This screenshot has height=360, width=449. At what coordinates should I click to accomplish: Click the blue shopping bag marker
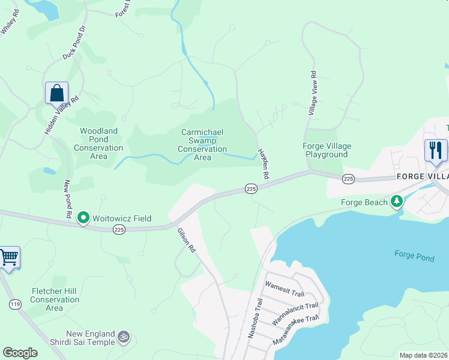pyautogui.click(x=56, y=94)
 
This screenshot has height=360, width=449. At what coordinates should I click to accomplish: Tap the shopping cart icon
pyautogui.click(x=8, y=258)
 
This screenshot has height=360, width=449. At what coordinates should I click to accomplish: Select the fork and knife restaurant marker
pyautogui.click(x=436, y=149)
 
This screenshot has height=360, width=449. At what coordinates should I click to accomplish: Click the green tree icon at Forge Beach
pyautogui.click(x=396, y=202)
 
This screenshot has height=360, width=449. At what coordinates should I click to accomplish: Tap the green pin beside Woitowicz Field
pyautogui.click(x=84, y=218)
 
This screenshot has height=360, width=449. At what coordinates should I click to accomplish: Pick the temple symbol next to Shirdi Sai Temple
pyautogui.click(x=124, y=337)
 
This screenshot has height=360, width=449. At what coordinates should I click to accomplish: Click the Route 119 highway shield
pyautogui.click(x=15, y=305)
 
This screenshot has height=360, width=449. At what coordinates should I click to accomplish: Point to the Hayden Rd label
pyautogui.click(x=262, y=164)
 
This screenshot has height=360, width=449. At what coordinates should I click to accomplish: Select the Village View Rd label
pyautogui.click(x=312, y=93)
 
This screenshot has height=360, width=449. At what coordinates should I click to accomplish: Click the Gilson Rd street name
pyautogui.click(x=186, y=239)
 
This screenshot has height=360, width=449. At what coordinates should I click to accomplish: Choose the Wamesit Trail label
pyautogui.click(x=285, y=292)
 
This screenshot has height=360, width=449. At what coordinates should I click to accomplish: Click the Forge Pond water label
pyautogui.click(x=414, y=254)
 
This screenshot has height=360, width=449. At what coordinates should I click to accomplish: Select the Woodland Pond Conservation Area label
pyautogui.click(x=98, y=143)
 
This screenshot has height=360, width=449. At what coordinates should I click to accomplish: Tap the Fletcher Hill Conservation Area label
pyautogui.click(x=54, y=299)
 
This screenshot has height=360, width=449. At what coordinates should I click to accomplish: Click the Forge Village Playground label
pyautogui.click(x=326, y=150)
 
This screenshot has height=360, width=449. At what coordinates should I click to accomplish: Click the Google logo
pyautogui.click(x=20, y=353)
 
